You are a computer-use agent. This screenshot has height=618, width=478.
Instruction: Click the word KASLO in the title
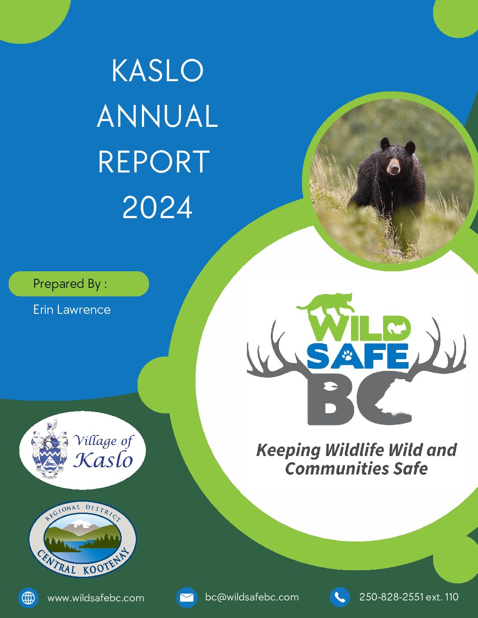coord(157,71)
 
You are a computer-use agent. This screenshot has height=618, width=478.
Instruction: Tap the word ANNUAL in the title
coord(157,116)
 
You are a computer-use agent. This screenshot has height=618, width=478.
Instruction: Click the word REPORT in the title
coord(154,162)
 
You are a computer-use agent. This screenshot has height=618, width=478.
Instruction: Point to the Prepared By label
coord(70,284)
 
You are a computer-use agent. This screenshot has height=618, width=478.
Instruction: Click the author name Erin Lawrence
coord(72,309)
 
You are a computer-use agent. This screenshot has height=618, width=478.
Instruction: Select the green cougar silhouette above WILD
coord(326,303)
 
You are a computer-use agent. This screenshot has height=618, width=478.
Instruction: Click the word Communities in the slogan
coord(337,468)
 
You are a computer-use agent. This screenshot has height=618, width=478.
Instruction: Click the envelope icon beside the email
coord(186,597)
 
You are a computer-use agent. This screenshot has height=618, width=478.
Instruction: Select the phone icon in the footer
coord(340,597)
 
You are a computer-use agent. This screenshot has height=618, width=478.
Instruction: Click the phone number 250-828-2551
coord(391,596)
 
